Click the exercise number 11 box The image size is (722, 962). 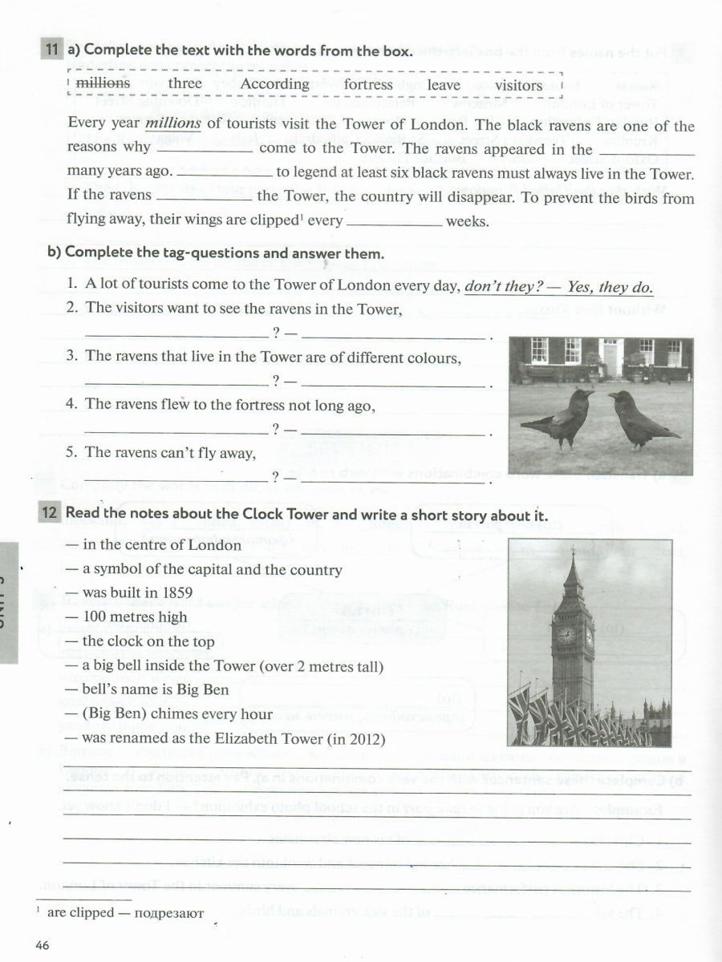tap(51, 51)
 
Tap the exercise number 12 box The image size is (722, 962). tap(51, 514)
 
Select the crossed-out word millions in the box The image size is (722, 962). tap(102, 84)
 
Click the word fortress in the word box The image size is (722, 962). tap(368, 84)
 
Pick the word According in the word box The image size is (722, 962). tap(274, 84)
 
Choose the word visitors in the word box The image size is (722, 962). tap(518, 85)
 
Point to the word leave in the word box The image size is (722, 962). tap(444, 85)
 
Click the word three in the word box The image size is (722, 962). tap(185, 84)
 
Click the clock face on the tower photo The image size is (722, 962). tap(566, 635)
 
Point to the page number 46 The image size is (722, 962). tap(43, 946)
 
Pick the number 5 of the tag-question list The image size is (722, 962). tap(71, 453)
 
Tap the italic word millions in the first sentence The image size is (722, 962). tap(172, 124)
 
